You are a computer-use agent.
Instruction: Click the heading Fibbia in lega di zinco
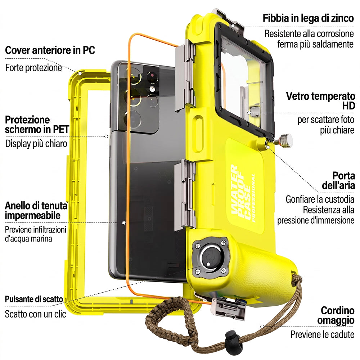308,18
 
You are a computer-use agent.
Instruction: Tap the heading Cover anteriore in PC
50,50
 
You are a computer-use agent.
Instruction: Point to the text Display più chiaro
36,144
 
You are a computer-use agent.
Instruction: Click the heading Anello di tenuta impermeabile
36,210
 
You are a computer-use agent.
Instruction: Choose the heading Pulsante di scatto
34,299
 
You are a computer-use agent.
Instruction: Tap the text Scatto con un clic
36,314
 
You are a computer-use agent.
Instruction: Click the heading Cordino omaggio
336,315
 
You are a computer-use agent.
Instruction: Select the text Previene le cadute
322,334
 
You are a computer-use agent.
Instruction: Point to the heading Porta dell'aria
338,180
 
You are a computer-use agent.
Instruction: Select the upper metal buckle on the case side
185,75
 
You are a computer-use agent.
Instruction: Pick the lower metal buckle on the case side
185,194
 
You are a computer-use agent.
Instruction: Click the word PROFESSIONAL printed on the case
253,198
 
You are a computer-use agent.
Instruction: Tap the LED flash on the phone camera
152,89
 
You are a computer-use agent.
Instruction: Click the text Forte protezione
33,68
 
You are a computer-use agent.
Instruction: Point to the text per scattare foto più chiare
326,125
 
